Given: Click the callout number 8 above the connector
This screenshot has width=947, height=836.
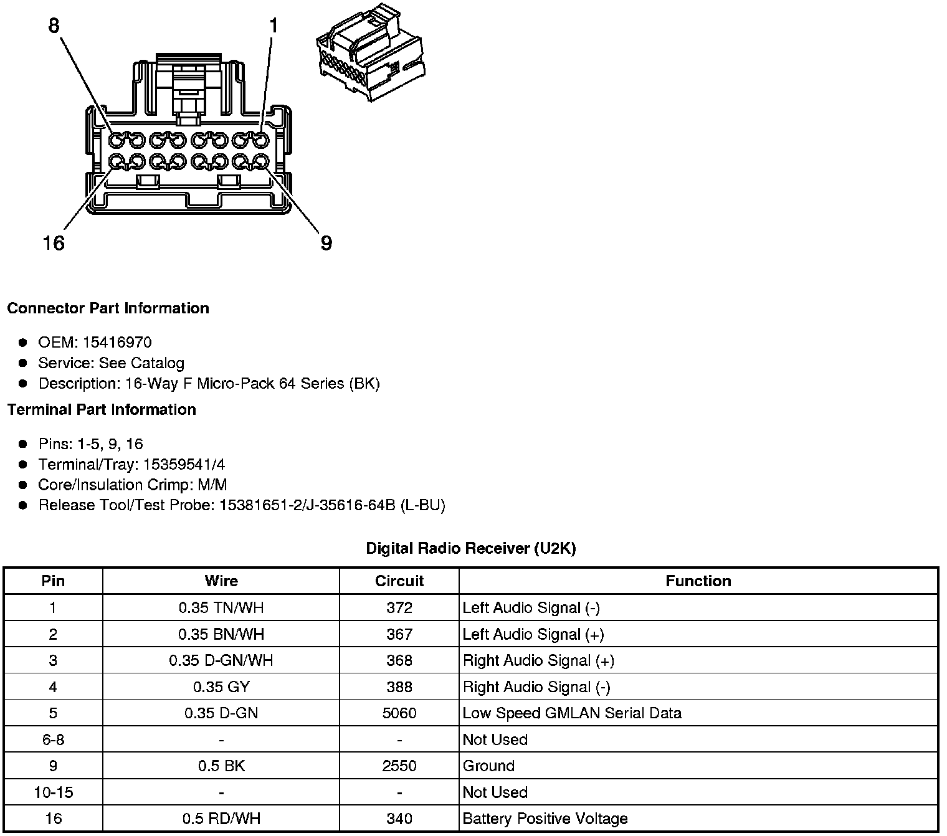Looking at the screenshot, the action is (x=54, y=26).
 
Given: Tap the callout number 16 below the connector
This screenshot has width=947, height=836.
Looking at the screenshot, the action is (x=54, y=243).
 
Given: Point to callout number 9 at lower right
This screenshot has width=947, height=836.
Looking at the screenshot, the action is (x=326, y=243).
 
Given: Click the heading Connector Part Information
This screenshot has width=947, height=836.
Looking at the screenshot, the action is (x=108, y=308).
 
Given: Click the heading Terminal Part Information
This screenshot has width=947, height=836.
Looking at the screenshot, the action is (x=102, y=409).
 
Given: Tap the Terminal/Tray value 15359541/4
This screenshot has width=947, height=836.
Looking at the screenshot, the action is (x=184, y=464).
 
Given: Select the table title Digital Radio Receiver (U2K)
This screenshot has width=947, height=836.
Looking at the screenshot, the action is (x=471, y=548).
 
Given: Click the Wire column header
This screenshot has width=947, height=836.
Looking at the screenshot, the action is (x=221, y=581).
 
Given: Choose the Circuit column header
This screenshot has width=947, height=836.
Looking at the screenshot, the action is (x=399, y=581).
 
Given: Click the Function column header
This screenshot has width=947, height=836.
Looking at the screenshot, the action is (x=698, y=581).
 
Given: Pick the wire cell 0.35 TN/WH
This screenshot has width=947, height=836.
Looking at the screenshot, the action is (x=221, y=608).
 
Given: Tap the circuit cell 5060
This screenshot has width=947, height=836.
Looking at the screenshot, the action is (x=399, y=713).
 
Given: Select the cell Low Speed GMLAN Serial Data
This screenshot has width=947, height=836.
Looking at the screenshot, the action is (x=572, y=713).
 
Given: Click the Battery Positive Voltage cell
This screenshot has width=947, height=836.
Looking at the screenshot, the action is (x=545, y=819).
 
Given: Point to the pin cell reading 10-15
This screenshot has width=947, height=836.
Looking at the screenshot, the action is (x=53, y=792).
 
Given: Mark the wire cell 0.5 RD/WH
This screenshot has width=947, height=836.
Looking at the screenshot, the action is (x=221, y=819).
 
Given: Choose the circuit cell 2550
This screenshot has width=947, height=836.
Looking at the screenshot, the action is (x=399, y=766).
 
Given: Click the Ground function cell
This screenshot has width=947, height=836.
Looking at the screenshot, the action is (x=488, y=766).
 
